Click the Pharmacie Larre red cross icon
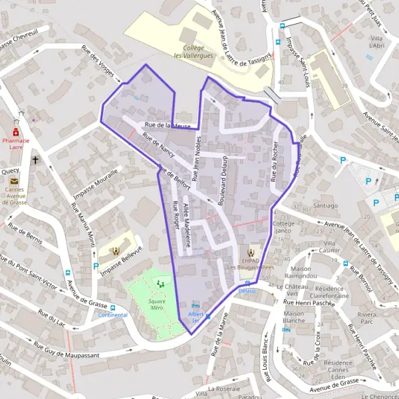coord(15,133)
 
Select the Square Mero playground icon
coord(160,284)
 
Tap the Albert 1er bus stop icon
coord(196,305)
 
